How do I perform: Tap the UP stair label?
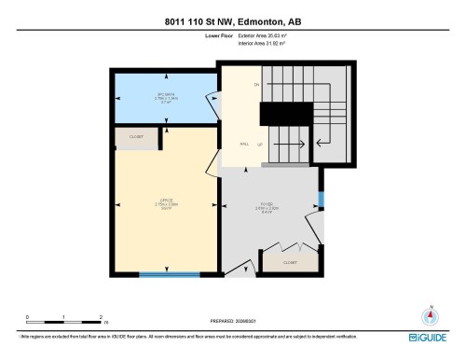tap(259, 145)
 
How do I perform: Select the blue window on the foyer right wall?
tap(320, 199)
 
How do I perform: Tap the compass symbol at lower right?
tap(430, 315)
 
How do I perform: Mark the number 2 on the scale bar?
tap(100, 317)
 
